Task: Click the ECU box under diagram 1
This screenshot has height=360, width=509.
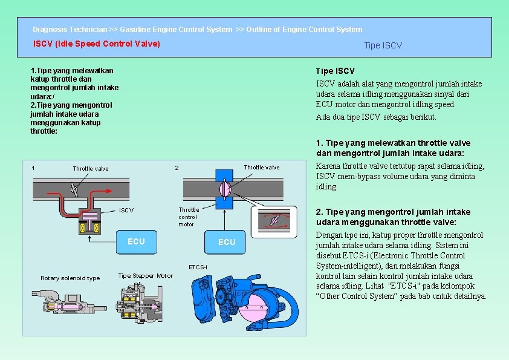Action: (136, 241)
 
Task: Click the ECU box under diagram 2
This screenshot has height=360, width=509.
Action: (227, 242)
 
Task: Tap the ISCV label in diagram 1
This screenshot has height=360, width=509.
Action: (126, 211)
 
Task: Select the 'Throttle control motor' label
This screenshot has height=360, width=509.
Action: (187, 217)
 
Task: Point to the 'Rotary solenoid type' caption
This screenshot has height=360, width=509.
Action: (70, 278)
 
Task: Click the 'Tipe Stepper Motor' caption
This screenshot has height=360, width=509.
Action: (145, 276)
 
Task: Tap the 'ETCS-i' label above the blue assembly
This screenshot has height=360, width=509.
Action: (198, 267)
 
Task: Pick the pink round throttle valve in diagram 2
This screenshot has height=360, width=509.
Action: (224, 189)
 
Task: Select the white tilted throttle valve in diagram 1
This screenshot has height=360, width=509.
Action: (75, 189)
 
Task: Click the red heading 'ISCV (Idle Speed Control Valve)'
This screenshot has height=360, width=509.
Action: (97, 44)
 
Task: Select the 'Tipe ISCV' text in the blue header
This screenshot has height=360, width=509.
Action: (383, 45)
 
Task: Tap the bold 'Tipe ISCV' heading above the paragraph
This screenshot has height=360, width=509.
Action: (336, 71)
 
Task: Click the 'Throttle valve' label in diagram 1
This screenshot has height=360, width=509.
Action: (91, 168)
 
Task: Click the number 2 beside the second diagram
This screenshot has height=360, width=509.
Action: (177, 168)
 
